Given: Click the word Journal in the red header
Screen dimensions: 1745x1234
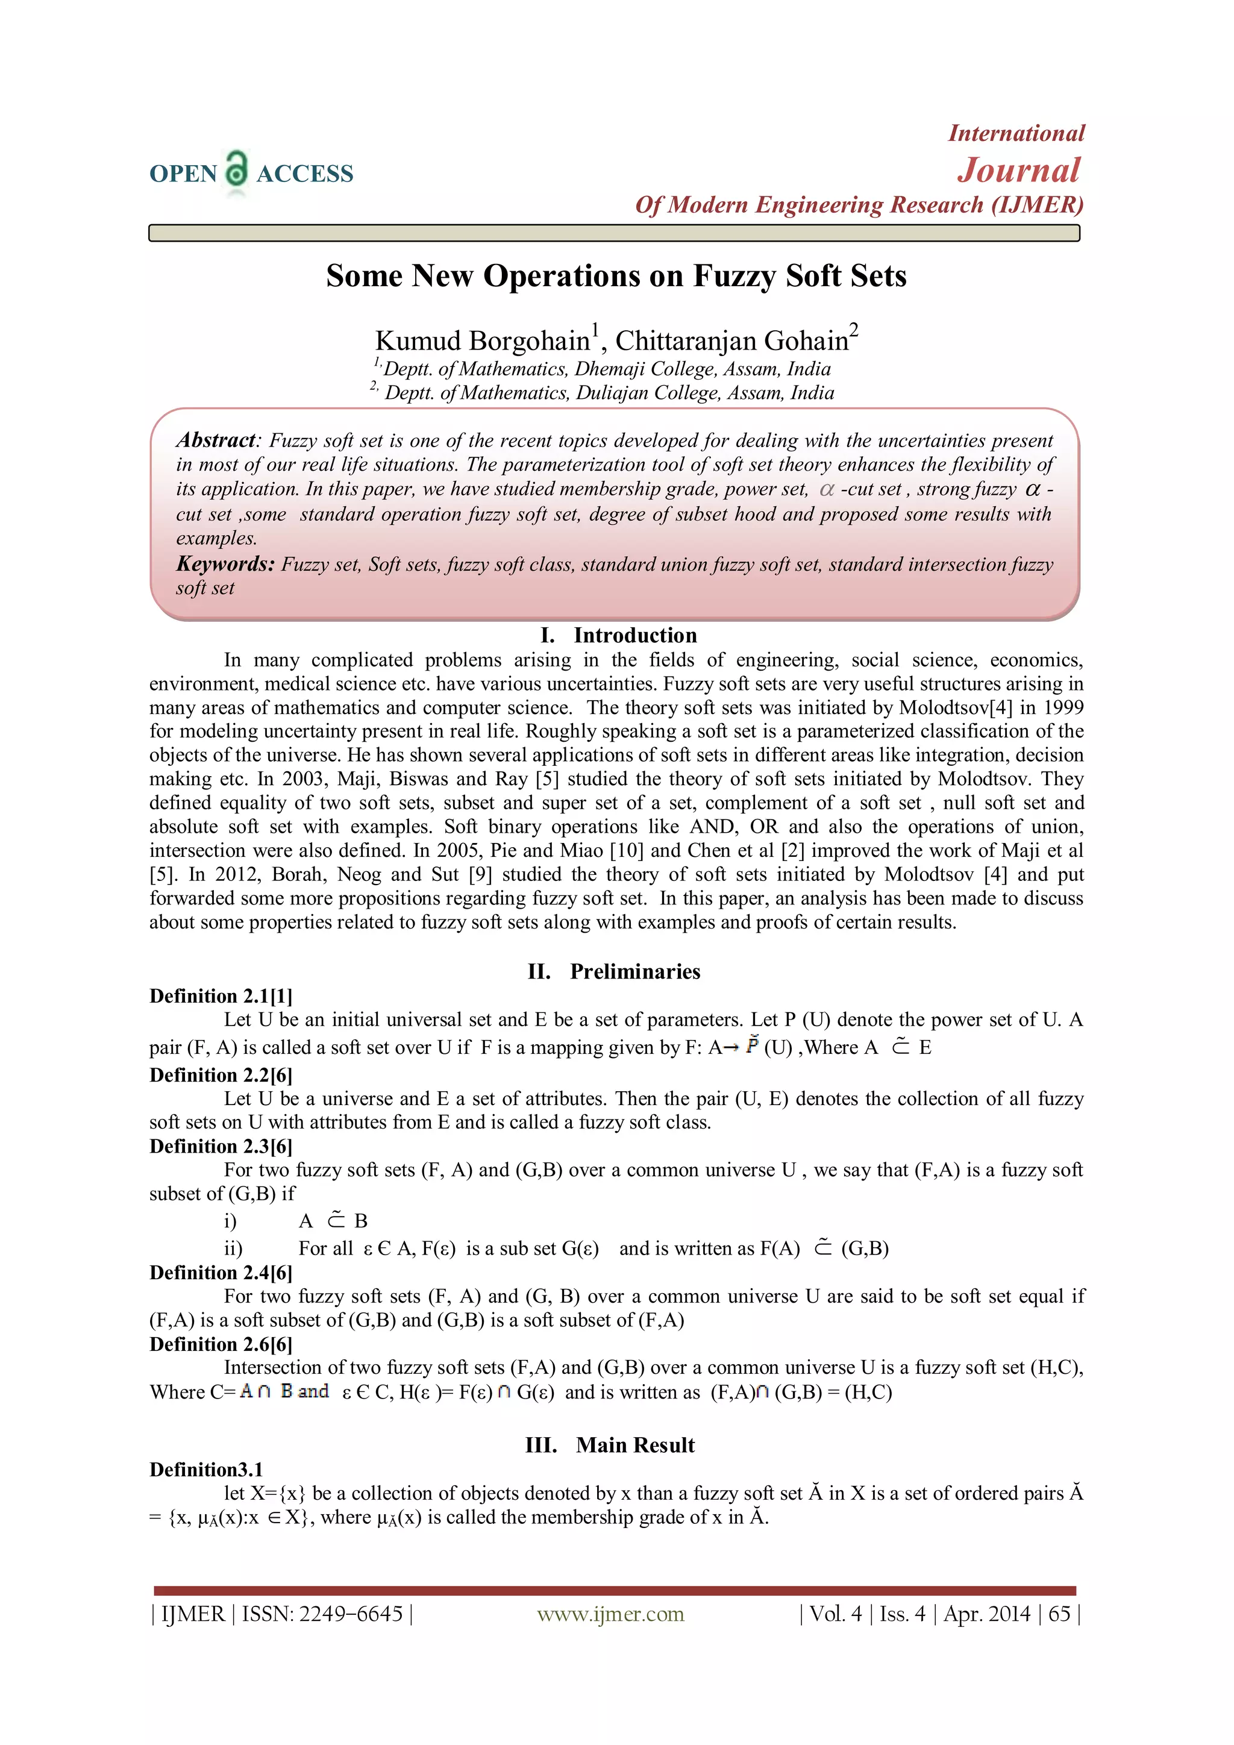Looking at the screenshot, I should click(x=1018, y=171).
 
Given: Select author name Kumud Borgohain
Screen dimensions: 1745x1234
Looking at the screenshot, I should click(x=483, y=341).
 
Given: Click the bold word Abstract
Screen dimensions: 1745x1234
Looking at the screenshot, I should click(x=216, y=440).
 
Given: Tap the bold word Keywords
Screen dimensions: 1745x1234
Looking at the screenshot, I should click(x=224, y=564).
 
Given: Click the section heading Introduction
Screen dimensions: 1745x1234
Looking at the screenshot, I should click(x=635, y=635).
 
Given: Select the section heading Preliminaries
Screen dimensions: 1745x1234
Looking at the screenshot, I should click(x=635, y=971).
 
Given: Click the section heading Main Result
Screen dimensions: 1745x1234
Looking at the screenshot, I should click(x=635, y=1445).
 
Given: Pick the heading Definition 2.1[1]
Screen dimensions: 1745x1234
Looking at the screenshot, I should click(x=221, y=995).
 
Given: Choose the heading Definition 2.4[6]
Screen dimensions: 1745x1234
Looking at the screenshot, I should click(x=221, y=1272).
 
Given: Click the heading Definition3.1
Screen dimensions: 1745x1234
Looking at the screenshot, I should click(x=206, y=1469).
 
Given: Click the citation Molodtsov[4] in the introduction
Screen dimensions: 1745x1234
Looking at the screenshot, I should click(x=955, y=707).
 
